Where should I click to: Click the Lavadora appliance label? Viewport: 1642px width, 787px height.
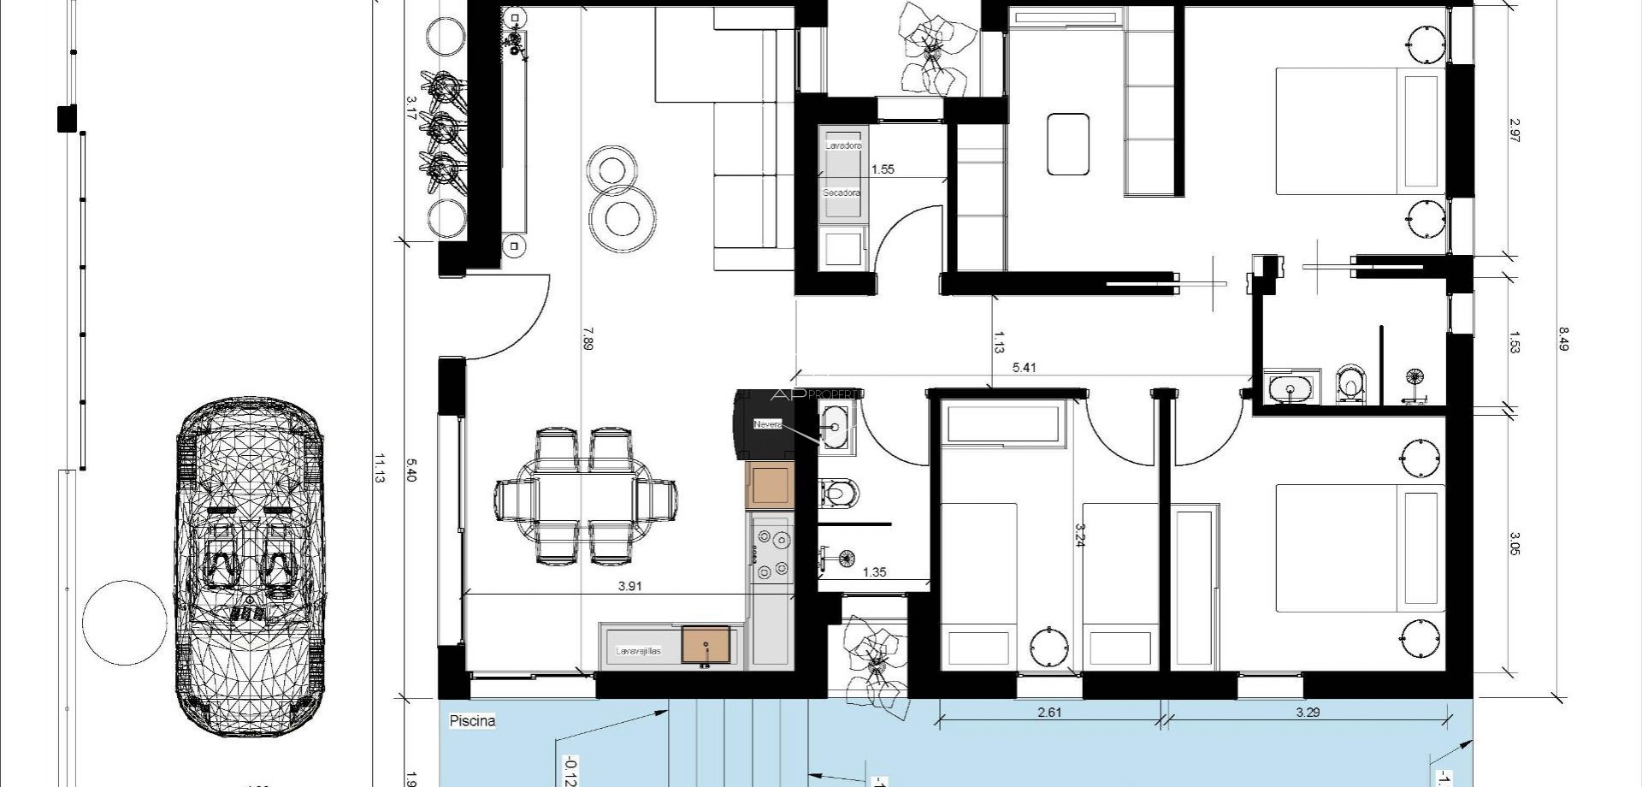point(842,146)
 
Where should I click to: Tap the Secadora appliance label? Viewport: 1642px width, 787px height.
point(842,193)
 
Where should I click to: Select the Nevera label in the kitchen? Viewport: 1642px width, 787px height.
point(767,424)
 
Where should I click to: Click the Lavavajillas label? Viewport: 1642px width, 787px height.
point(639,651)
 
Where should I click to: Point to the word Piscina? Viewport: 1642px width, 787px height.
point(472,721)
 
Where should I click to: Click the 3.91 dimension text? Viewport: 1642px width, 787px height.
point(629,587)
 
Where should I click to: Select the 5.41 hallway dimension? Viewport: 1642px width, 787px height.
point(1024,369)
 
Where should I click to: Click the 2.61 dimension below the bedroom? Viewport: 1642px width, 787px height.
point(1049,713)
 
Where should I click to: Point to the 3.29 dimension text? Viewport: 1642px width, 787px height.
point(1308,713)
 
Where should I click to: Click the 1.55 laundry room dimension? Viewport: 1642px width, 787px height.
point(883,169)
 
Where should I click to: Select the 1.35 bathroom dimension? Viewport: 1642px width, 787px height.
point(874,572)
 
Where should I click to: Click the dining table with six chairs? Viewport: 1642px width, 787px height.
point(586,496)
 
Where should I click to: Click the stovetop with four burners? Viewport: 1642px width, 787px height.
point(771,553)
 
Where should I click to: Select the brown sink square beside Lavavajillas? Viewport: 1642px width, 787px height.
point(706,645)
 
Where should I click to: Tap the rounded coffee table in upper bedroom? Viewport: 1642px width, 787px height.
point(1068,145)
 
